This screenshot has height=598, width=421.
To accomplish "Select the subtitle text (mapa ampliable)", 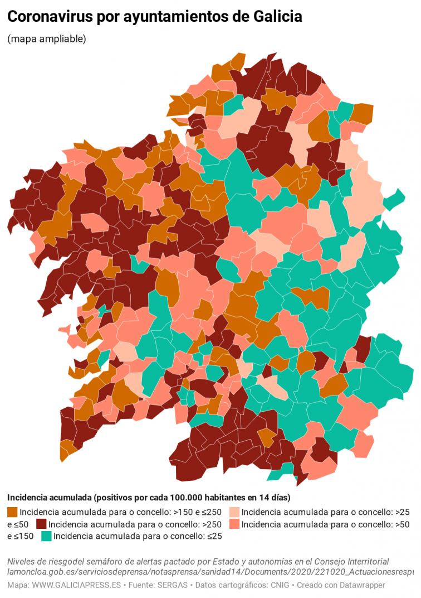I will point(47,39).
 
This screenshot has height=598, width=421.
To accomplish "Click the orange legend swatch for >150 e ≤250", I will point(12,512).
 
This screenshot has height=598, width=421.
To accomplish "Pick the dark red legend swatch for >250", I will point(41,524).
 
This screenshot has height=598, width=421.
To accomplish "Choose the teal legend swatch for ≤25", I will point(46,536).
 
